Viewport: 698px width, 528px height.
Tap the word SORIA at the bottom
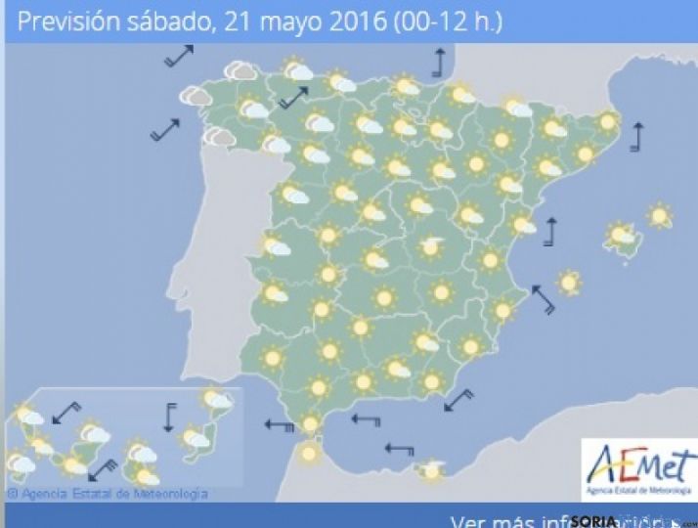pos(596,520)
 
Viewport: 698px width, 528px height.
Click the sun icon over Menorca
pos(661,216)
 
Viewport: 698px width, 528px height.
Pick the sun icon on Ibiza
pos(568,283)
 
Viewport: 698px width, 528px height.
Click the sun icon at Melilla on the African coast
pos(430,472)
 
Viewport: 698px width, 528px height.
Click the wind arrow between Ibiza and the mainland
pos(543,298)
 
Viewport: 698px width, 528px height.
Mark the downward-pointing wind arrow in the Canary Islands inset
pos(169,417)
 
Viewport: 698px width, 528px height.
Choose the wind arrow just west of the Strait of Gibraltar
pos(280,425)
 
